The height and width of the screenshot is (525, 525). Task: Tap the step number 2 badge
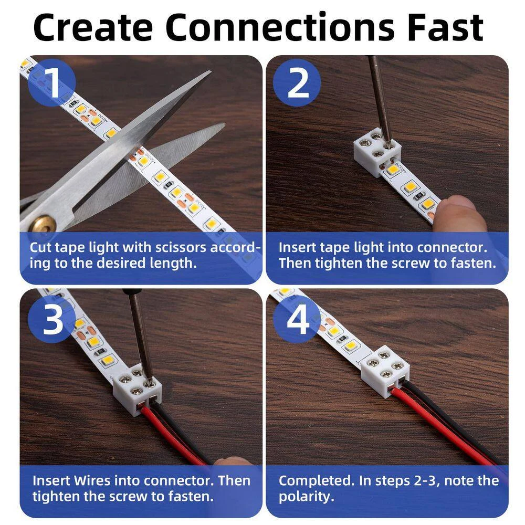point(298,82)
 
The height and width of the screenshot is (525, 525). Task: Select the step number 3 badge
point(52,320)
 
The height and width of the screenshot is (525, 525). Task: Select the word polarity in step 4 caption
point(306,496)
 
